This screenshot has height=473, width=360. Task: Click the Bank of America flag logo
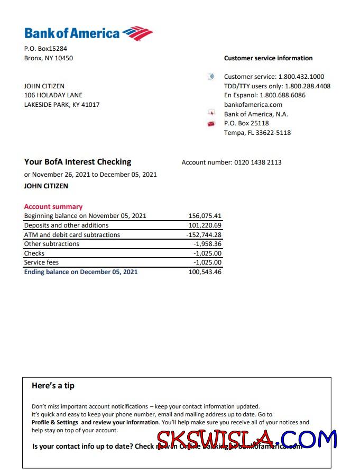pyautogui.click(x=137, y=33)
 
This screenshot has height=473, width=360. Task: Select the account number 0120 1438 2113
pyautogui.click(x=258, y=162)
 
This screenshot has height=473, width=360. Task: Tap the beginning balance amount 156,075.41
pyautogui.click(x=205, y=216)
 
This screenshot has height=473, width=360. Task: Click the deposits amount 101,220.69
pyautogui.click(x=205, y=225)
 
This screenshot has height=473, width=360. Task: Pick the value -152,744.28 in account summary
pyautogui.click(x=204, y=235)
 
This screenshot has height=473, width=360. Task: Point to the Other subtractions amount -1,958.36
pyautogui.click(x=207, y=244)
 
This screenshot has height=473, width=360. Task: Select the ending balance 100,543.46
pyautogui.click(x=205, y=272)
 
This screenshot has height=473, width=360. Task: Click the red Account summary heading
pyautogui.click(x=53, y=207)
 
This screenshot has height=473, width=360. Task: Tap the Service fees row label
pyautogui.click(x=41, y=262)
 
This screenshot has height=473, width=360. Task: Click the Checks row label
pyautogui.click(x=34, y=253)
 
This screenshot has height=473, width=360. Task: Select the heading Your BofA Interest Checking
pyautogui.click(x=78, y=162)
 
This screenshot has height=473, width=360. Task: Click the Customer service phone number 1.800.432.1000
pyautogui.click(x=301, y=77)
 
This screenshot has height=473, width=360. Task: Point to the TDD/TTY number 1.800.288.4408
pyautogui.click(x=308, y=86)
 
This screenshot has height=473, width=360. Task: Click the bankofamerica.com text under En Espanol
pyautogui.click(x=253, y=105)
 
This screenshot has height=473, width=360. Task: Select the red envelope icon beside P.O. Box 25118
pyautogui.click(x=211, y=124)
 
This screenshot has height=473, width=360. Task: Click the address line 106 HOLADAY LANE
pyautogui.click(x=53, y=95)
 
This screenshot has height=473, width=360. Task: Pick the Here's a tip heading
pyautogui.click(x=53, y=386)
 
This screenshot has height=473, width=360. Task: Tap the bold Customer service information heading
pyautogui.click(x=268, y=58)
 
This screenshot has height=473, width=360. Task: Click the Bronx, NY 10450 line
pyautogui.click(x=49, y=58)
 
